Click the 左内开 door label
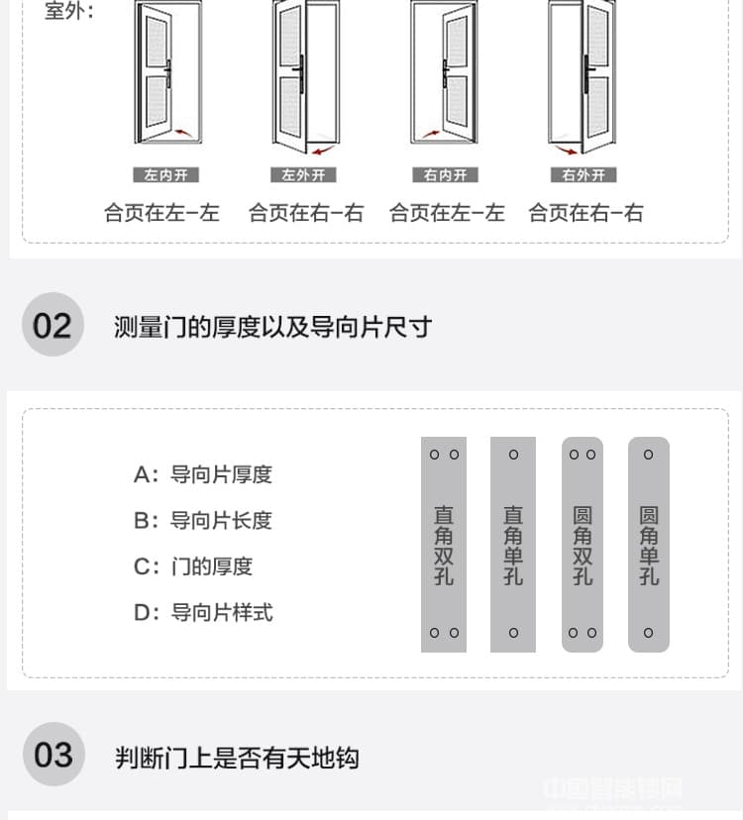[165, 175]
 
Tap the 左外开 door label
[304, 175]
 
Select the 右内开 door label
[445, 175]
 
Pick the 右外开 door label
[584, 175]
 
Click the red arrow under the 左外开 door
[322, 150]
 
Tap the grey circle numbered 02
[53, 325]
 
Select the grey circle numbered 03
[53, 755]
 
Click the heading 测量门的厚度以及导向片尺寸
[272, 327]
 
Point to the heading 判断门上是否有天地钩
[237, 759]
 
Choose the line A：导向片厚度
[203, 474]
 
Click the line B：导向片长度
[203, 520]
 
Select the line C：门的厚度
[193, 566]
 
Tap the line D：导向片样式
[203, 612]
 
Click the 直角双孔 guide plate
[444, 544]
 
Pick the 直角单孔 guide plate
[513, 544]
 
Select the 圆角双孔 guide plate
[583, 544]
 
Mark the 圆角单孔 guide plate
[649, 544]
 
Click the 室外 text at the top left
[69, 13]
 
